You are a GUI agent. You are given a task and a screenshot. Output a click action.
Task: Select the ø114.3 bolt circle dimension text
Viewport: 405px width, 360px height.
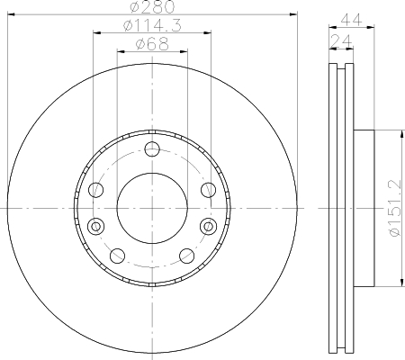pyautogui.click(x=151, y=27)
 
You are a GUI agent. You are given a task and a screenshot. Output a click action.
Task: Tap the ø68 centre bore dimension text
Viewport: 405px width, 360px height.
pyautogui.click(x=151, y=45)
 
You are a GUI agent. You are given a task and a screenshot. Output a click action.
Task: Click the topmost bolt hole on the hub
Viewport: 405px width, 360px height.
pyautogui.click(x=151, y=149)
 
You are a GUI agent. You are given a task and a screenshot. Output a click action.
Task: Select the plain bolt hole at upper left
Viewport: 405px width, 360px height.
pyautogui.click(x=96, y=189)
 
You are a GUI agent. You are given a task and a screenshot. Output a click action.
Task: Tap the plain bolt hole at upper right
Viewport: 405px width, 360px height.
pyautogui.click(x=207, y=189)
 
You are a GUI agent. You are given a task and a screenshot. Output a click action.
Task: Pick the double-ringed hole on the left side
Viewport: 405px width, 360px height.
pyautogui.click(x=96, y=225)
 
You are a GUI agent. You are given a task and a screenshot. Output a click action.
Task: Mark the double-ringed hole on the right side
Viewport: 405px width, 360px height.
pyautogui.click(x=208, y=225)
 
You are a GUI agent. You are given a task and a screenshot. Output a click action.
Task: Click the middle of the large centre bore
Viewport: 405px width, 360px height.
pyautogui.click(x=151, y=207)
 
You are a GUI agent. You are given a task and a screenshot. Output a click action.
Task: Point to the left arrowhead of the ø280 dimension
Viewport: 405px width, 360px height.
pyautogui.click(x=11, y=14)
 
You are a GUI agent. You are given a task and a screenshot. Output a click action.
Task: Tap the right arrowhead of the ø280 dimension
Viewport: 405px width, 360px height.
pyautogui.click(x=292, y=14)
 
